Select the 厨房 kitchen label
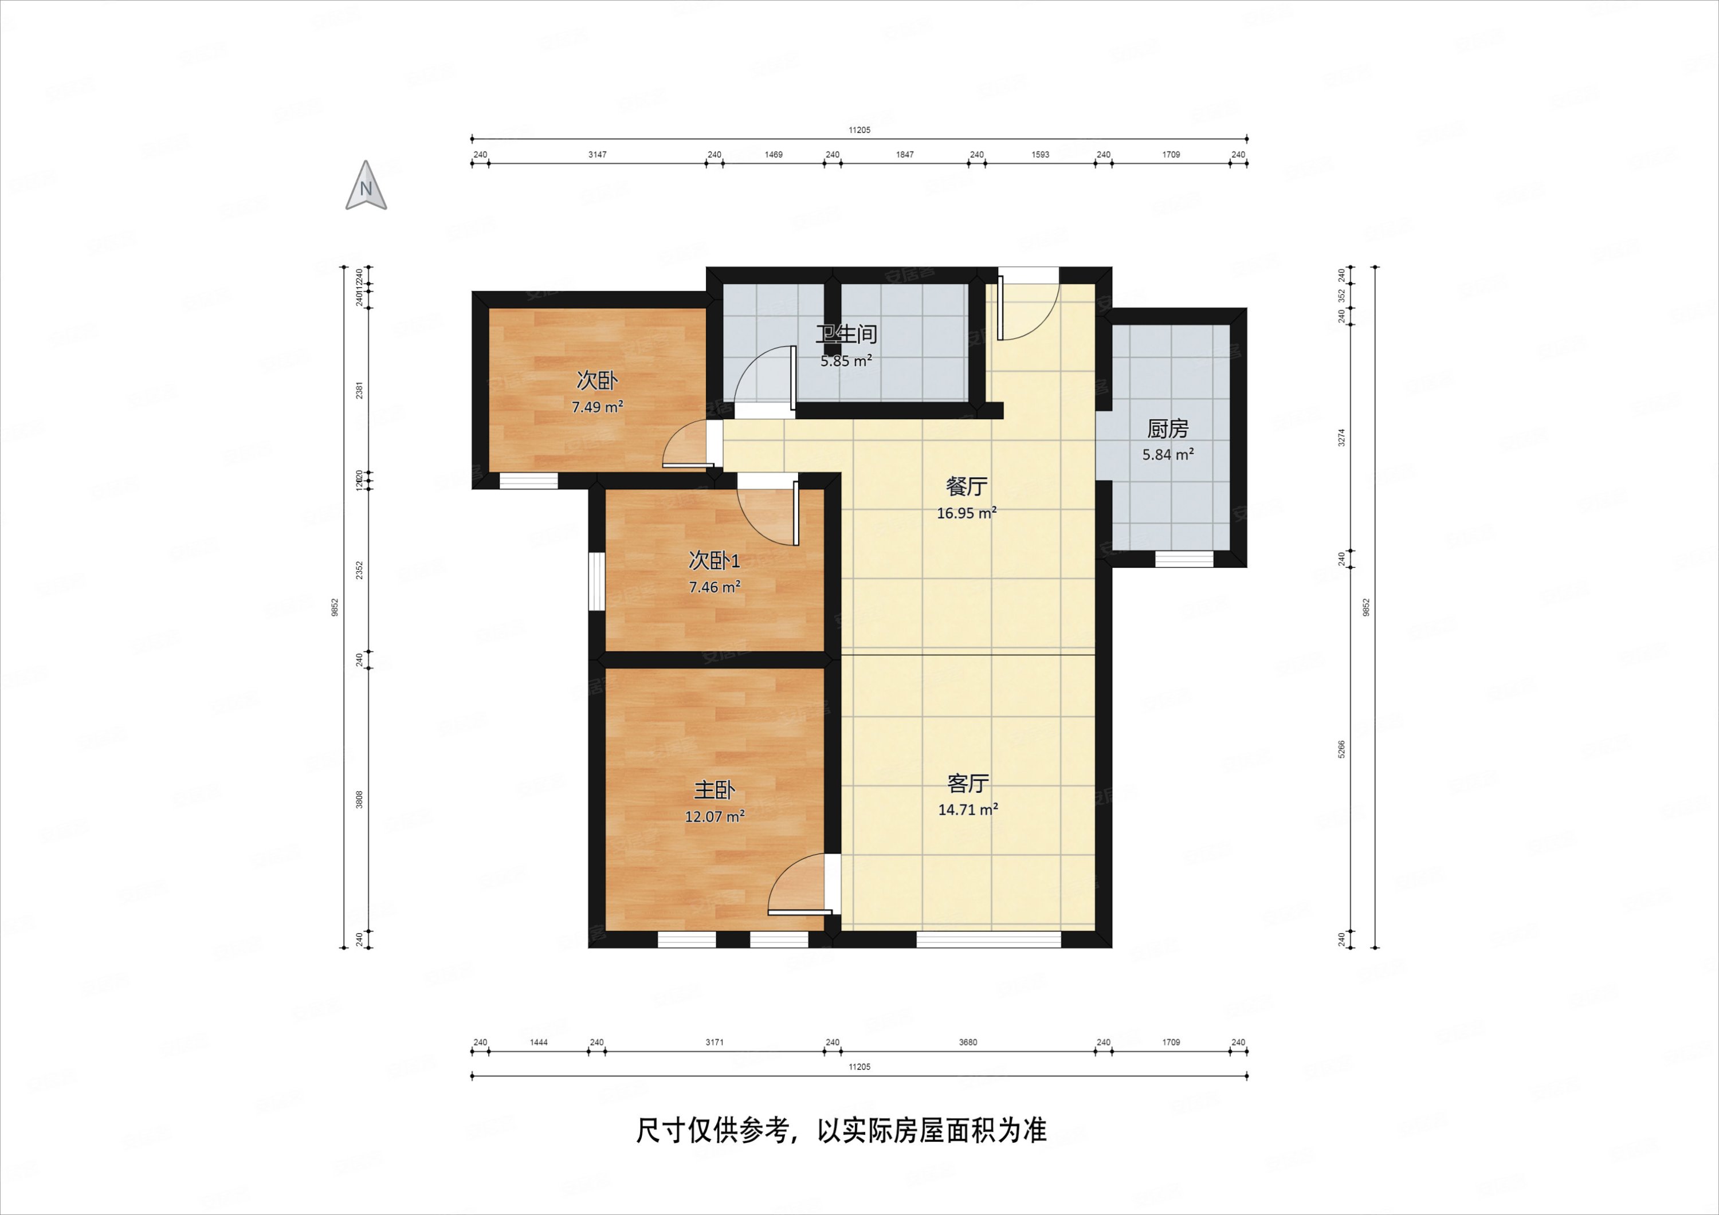(x=1167, y=429)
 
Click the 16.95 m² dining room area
(x=966, y=513)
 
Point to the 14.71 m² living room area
(x=967, y=809)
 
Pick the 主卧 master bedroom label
(x=715, y=790)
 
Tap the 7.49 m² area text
(x=596, y=407)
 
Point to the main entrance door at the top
(x=1028, y=307)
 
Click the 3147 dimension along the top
(x=596, y=155)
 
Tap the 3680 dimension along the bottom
(x=967, y=1042)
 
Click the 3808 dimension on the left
(x=359, y=800)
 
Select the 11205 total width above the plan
(x=859, y=130)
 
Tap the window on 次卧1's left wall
(x=596, y=581)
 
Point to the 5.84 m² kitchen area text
(x=1167, y=454)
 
